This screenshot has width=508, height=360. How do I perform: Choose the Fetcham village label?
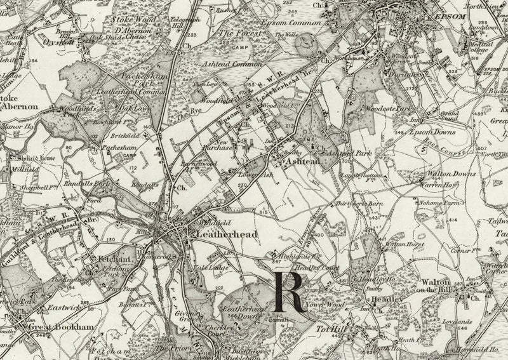coord(115,259)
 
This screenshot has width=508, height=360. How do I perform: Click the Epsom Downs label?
coord(422,133)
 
